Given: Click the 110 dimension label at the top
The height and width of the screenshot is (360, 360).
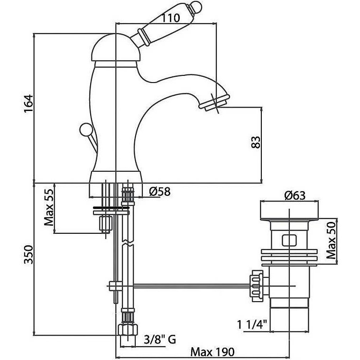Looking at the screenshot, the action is pos(170,18).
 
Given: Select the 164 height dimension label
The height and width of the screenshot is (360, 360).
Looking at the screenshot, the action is pos(29,103).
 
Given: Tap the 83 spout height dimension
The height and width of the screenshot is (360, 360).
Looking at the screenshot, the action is pos(256,142).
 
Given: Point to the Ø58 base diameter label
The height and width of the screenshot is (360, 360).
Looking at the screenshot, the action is pos(160,191).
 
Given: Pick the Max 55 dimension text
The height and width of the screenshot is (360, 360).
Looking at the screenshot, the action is pos(49,208).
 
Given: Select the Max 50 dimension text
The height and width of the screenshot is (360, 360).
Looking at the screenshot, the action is pos(331,240).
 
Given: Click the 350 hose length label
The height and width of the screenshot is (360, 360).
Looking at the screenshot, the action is pos(29,255).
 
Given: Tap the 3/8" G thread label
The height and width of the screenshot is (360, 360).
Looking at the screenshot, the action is pos(160,339).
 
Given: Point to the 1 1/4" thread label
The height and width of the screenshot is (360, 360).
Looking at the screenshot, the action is pos(252,324).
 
